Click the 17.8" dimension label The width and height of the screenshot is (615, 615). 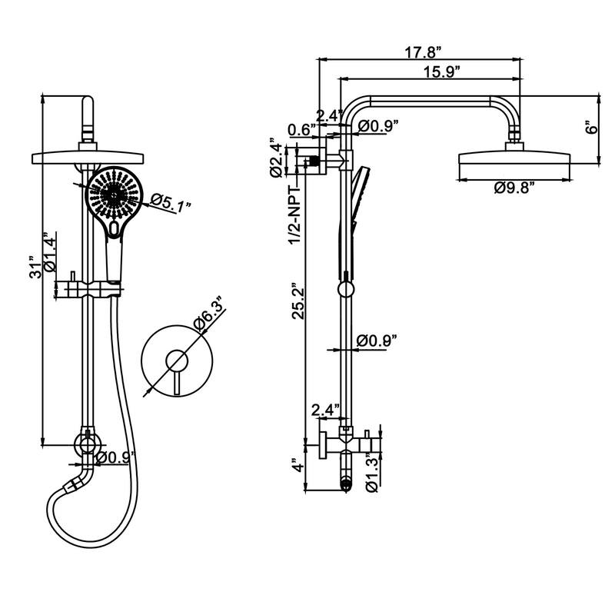(422, 52)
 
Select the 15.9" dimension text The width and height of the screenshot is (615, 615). (440, 72)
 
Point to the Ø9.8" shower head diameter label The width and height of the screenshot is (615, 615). (514, 188)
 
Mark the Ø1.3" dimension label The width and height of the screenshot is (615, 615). (373, 471)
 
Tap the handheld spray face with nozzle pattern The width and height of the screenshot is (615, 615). (114, 194)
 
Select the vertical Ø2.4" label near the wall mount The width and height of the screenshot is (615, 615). (275, 159)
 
